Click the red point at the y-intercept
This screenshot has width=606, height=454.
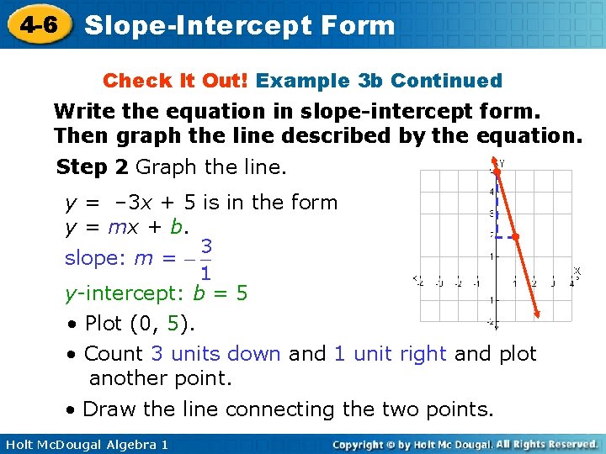(x=497, y=171)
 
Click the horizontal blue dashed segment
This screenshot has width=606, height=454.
(x=506, y=236)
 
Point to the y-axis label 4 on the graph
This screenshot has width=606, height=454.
(x=492, y=192)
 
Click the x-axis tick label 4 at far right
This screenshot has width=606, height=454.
(x=570, y=283)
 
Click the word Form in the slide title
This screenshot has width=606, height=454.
(x=359, y=25)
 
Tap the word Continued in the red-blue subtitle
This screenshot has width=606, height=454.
(x=446, y=81)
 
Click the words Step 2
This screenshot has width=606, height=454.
(x=92, y=167)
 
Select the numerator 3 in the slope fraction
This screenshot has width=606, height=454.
(x=206, y=246)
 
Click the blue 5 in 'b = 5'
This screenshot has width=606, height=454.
(x=242, y=293)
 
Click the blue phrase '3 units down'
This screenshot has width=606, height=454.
(x=215, y=354)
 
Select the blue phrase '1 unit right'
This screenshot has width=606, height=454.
(x=390, y=354)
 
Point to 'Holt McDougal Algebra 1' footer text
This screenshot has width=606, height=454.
(x=84, y=444)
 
